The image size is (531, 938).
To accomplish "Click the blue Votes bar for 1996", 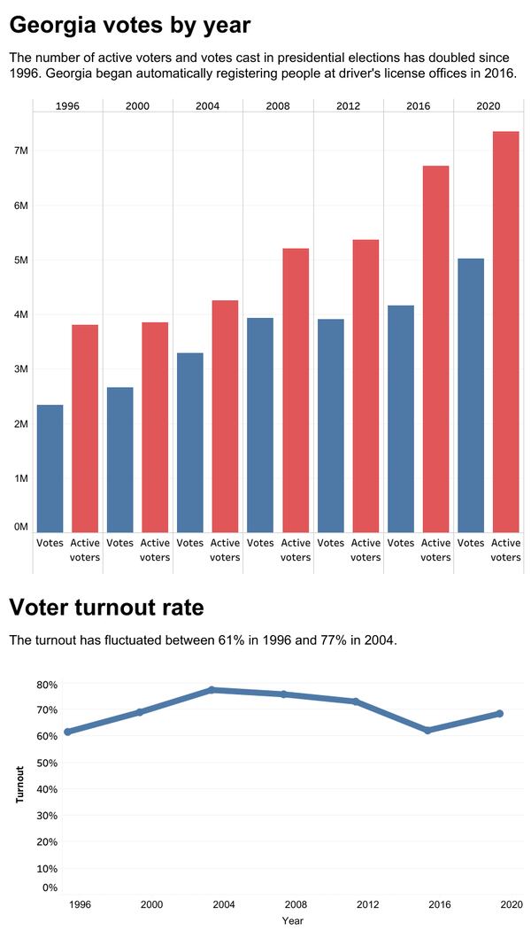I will [x=50, y=468].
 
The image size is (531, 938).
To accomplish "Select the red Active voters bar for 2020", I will [x=505, y=331].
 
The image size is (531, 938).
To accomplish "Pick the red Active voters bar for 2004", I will [x=225, y=415].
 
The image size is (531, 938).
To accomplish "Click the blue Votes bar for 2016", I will [x=400, y=418].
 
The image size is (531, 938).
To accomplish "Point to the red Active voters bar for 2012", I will [x=366, y=385].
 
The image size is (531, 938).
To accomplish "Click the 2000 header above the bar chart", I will [x=137, y=106].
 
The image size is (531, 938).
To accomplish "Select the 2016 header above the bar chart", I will [x=418, y=106].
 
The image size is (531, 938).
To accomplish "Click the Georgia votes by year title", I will [x=130, y=26].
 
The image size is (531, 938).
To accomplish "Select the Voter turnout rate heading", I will [x=106, y=608].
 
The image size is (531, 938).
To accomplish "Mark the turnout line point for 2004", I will [x=212, y=689].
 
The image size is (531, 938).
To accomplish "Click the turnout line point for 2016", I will [x=427, y=730].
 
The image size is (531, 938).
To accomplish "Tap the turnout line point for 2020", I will [x=499, y=713].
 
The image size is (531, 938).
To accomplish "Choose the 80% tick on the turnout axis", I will [x=47, y=685].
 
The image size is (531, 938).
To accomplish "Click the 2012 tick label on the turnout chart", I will [x=367, y=904].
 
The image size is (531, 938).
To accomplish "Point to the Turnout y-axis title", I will [x=19, y=784].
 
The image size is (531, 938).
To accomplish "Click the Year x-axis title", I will [x=292, y=921].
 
